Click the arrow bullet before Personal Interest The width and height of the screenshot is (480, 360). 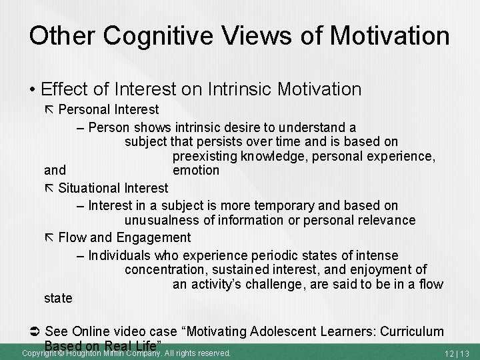pos(49,109)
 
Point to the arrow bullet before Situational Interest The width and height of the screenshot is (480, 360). pos(49,189)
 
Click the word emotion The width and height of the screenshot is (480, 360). pos(195,171)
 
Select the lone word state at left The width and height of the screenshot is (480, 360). pos(57,298)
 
